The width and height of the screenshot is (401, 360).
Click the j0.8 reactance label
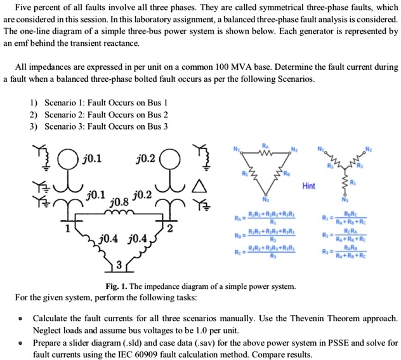[119, 202]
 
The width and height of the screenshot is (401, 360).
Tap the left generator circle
[63, 156]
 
